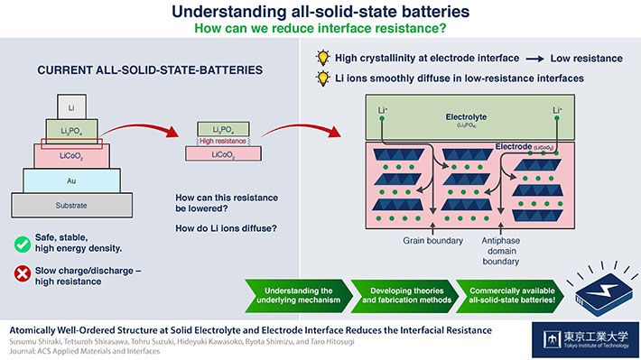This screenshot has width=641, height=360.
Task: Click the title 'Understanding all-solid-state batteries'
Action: tap(320, 12)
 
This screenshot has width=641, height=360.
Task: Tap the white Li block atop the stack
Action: tap(71, 105)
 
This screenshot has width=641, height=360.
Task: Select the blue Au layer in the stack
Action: tap(71, 180)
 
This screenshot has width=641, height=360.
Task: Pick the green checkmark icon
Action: tap(21, 245)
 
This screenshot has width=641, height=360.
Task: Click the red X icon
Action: tap(21, 274)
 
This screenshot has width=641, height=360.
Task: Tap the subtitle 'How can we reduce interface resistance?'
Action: tap(320, 29)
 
